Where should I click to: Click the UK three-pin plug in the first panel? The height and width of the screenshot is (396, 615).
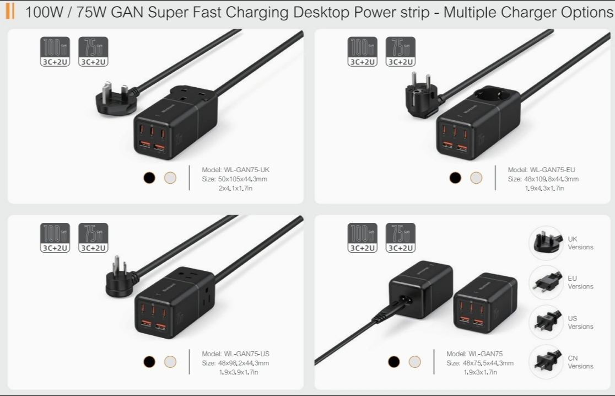point(114,97)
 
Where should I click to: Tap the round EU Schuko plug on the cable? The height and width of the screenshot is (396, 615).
point(420,98)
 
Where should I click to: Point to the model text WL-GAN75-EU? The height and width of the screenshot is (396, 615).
point(541,170)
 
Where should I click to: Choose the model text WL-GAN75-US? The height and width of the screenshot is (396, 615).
point(235,354)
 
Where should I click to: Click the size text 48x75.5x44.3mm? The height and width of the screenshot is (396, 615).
point(488,363)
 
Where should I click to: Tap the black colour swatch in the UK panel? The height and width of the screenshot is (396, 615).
point(149,178)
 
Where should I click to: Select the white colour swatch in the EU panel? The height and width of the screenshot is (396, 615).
point(476,178)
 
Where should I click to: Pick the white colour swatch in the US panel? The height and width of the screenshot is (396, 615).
point(170,361)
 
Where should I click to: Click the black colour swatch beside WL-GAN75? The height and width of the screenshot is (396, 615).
point(393,361)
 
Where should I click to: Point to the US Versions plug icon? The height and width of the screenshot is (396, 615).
point(546,322)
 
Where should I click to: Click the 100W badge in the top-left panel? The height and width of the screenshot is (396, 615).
point(55,52)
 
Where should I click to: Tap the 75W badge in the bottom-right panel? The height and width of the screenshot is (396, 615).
point(401,237)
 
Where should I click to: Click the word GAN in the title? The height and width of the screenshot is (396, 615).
point(128,12)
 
